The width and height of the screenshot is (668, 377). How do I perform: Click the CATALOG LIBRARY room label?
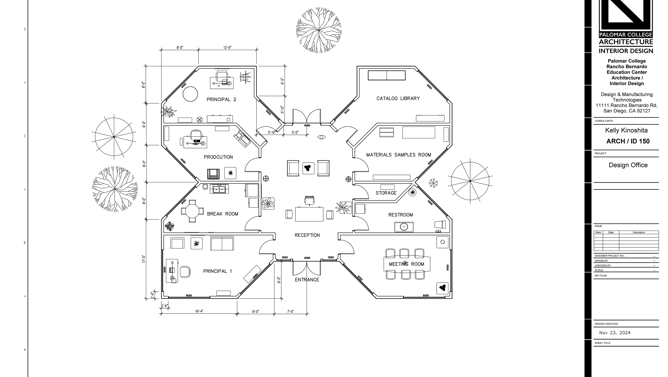(398, 98)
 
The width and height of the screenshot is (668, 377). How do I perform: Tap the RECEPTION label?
(307, 235)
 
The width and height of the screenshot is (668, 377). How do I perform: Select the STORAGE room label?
(386, 193)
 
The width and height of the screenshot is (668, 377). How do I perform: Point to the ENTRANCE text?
(307, 280)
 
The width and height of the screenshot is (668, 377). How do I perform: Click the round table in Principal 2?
(190, 94)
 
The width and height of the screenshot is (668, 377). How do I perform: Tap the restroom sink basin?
(404, 227)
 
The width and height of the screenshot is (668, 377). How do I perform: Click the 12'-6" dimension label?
(227, 48)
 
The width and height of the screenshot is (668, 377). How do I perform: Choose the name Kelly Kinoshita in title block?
(626, 130)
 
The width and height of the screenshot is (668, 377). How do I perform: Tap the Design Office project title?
(628, 165)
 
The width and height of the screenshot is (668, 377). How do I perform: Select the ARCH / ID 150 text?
(628, 141)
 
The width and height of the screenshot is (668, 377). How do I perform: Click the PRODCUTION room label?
(218, 157)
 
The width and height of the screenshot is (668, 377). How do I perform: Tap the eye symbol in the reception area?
(321, 137)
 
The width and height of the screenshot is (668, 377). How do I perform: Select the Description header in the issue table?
(639, 232)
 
